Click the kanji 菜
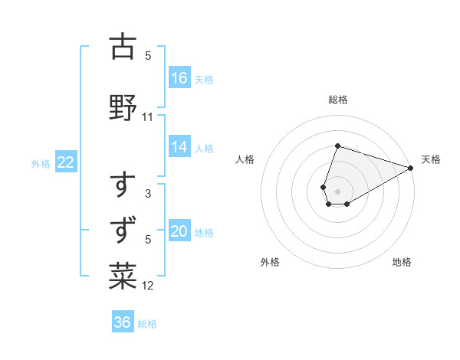(x=123, y=276)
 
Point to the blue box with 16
(x=179, y=77)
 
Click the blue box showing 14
(x=179, y=147)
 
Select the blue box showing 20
(x=179, y=231)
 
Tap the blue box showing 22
(x=66, y=162)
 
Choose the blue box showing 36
(x=123, y=322)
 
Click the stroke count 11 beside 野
(x=148, y=117)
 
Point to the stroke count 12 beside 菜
(x=148, y=286)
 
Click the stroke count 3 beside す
(x=148, y=194)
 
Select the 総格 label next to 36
(x=147, y=324)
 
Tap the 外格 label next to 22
(x=41, y=163)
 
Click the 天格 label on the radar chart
(x=431, y=159)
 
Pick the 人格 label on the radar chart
(x=245, y=159)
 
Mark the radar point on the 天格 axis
(x=411, y=168)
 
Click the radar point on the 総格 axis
(x=337, y=146)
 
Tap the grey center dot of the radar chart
(x=337, y=191)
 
